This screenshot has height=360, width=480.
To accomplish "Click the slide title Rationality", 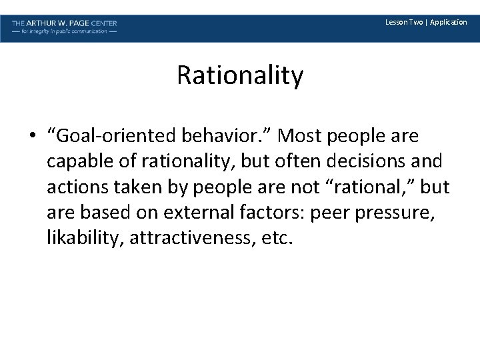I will point(240,76).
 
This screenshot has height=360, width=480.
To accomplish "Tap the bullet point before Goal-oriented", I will point(33,137).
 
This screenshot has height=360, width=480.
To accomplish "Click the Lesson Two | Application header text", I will point(426,23).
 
